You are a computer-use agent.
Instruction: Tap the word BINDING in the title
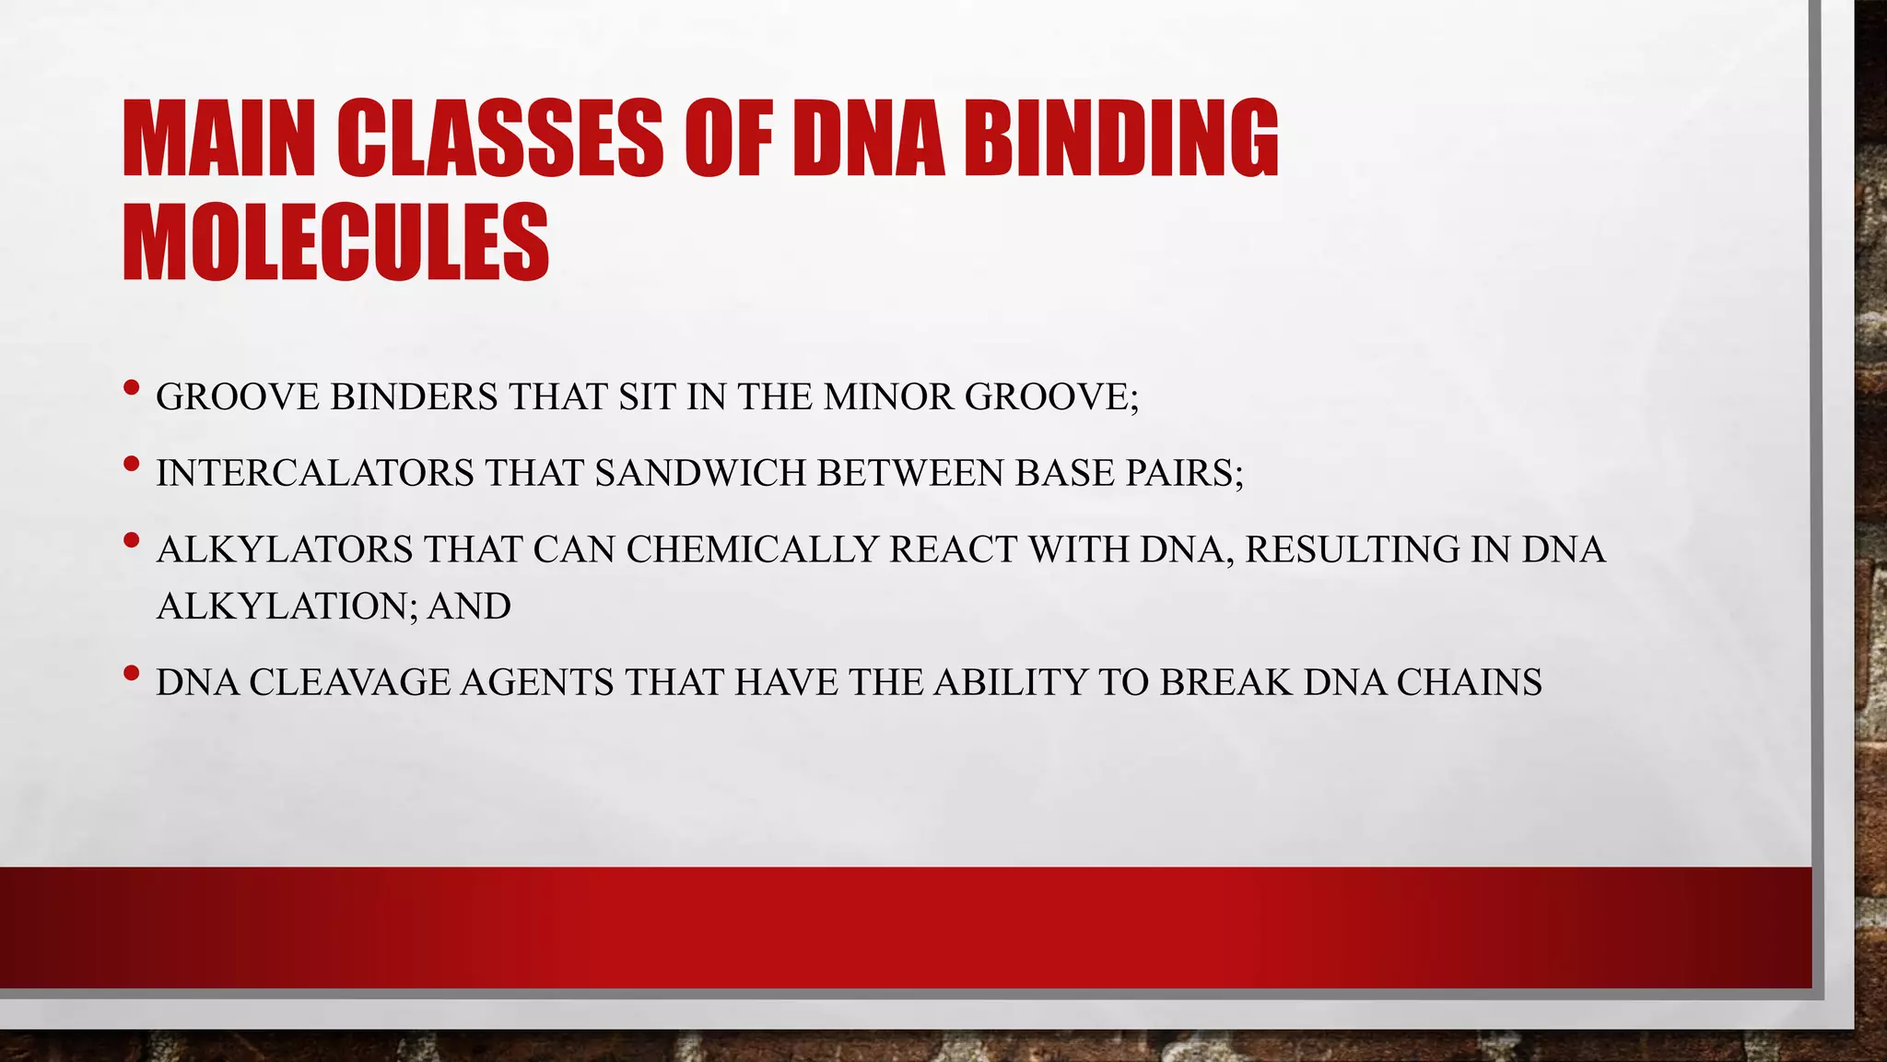(x=1120, y=139)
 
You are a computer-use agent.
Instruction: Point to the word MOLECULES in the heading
(x=335, y=242)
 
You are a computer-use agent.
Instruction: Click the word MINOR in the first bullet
(x=888, y=397)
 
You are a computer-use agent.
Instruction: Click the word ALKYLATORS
(x=285, y=550)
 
